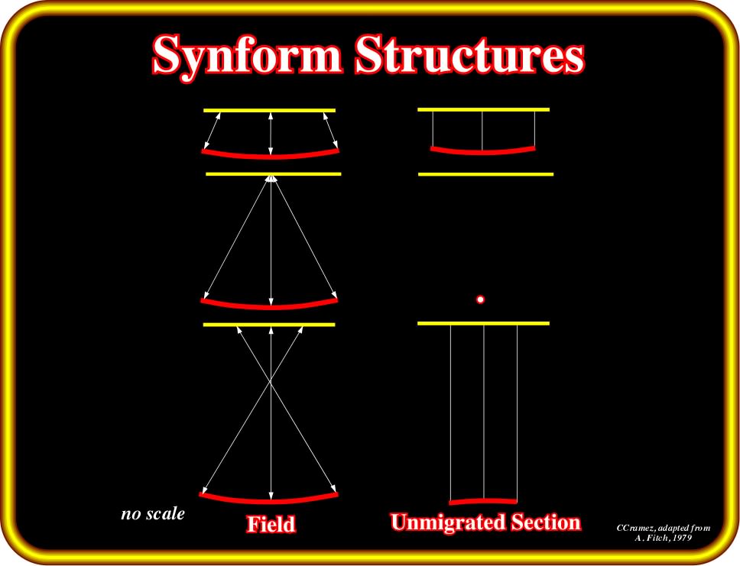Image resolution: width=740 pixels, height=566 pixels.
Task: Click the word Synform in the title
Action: pos(247,57)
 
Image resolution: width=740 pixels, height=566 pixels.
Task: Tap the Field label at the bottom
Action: pos(271,524)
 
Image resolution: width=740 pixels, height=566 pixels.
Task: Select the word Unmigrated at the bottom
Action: pos(443,522)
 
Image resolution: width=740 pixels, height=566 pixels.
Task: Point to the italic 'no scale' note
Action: pos(153,513)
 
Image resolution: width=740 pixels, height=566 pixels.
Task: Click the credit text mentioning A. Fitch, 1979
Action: pos(663,532)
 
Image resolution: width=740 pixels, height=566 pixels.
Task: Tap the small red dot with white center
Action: pos(480,299)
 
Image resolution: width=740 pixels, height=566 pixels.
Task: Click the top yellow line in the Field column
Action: pos(270,110)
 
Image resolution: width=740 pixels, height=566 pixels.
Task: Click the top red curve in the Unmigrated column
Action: pos(483,152)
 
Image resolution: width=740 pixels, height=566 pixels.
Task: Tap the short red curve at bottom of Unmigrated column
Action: pos(483,501)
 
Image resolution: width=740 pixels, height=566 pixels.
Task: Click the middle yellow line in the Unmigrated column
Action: pos(485,174)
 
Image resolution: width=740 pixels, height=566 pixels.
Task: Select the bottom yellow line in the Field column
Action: pos(269,325)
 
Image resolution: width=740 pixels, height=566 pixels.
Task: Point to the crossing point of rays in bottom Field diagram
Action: pos(271,381)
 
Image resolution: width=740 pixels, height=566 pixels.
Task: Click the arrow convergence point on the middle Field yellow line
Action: pos(271,178)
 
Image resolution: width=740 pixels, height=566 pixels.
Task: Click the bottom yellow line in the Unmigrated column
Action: pos(484,324)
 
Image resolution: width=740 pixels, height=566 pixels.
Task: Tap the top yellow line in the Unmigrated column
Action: pos(484,109)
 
